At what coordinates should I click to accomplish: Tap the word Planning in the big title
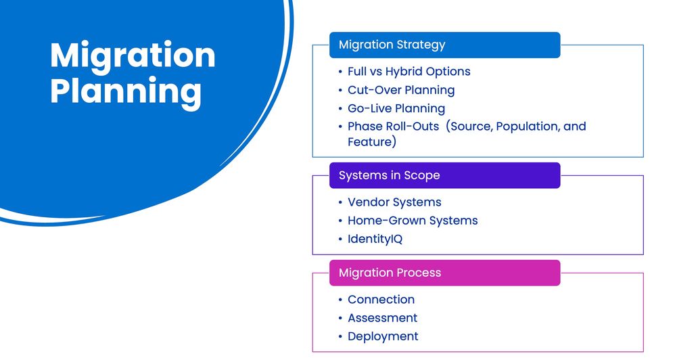tap(126, 93)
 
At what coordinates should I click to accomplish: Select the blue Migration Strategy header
tap(444, 45)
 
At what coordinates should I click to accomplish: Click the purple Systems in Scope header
tap(444, 175)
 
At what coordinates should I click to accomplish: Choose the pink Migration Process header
tap(444, 273)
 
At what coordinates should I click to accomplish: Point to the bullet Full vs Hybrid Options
tap(409, 72)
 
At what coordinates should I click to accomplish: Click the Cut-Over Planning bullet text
tap(401, 90)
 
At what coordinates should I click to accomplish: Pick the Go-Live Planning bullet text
tap(396, 108)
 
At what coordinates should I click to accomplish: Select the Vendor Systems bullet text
tap(394, 202)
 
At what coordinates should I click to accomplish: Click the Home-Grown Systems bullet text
tap(413, 221)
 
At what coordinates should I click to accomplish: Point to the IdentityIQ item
tap(375, 239)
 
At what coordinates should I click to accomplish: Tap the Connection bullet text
tap(381, 300)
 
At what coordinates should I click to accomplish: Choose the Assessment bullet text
tap(383, 318)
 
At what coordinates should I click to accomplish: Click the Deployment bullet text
tap(383, 337)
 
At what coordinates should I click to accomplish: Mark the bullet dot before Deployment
tap(340, 337)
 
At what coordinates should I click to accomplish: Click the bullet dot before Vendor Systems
tap(340, 202)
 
